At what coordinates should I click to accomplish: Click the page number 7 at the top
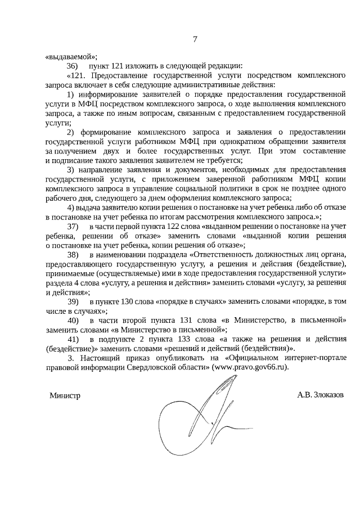point(195,39)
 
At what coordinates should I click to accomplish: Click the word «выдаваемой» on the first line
point(71,56)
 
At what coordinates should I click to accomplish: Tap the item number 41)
point(73,339)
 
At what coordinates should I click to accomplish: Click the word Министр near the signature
point(65,395)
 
